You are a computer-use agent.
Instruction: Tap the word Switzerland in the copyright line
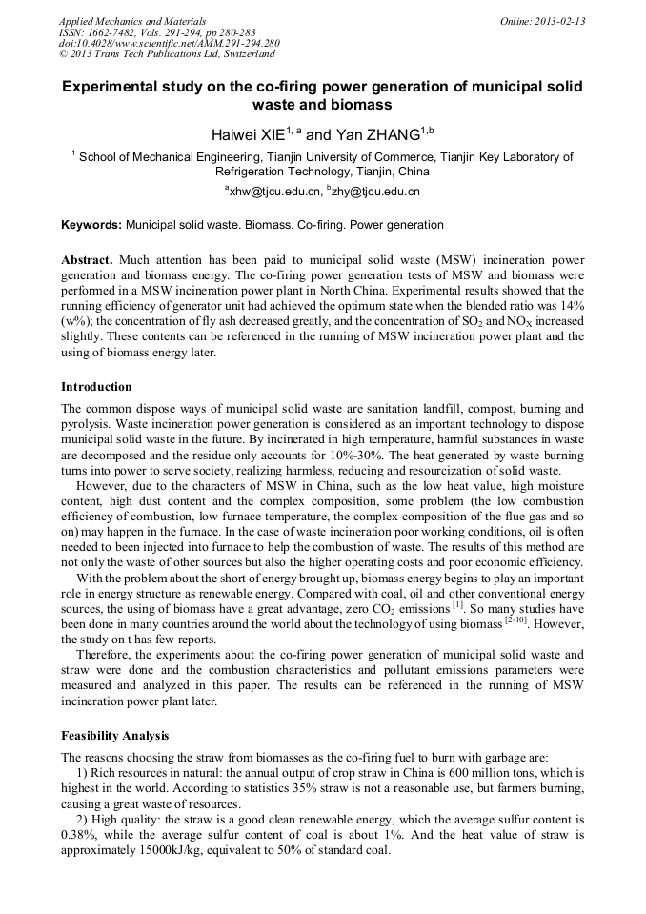(x=242, y=54)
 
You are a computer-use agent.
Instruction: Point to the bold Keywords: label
(x=91, y=225)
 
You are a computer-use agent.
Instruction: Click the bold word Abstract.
(x=87, y=259)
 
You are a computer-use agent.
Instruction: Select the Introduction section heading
(x=96, y=387)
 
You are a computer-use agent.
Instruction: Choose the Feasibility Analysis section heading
(x=114, y=736)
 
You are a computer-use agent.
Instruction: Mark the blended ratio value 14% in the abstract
(x=570, y=305)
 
